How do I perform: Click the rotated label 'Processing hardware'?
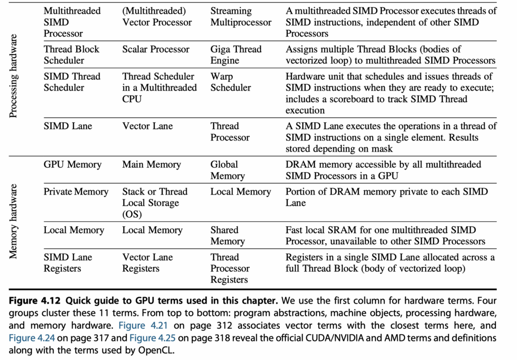(x=13, y=76)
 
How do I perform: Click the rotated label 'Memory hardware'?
(x=13, y=221)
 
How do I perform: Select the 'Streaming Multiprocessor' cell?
(x=241, y=17)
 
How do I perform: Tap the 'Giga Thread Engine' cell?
(x=236, y=55)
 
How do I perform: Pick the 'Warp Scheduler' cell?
(x=230, y=82)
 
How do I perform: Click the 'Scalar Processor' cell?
(x=156, y=49)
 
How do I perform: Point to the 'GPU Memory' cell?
(x=73, y=164)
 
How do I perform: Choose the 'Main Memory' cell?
(x=151, y=164)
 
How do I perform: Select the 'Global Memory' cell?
(x=228, y=170)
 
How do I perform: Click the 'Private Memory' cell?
(x=76, y=191)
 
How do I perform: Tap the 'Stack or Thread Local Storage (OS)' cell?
(x=154, y=203)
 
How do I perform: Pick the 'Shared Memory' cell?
(x=228, y=235)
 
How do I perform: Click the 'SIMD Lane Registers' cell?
(x=68, y=263)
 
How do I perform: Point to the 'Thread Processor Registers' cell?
(x=230, y=268)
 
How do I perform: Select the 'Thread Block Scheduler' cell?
(x=71, y=55)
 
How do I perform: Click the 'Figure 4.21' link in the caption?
(x=143, y=325)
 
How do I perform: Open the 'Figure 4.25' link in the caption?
(x=152, y=338)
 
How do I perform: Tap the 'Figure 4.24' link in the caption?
(x=32, y=338)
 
